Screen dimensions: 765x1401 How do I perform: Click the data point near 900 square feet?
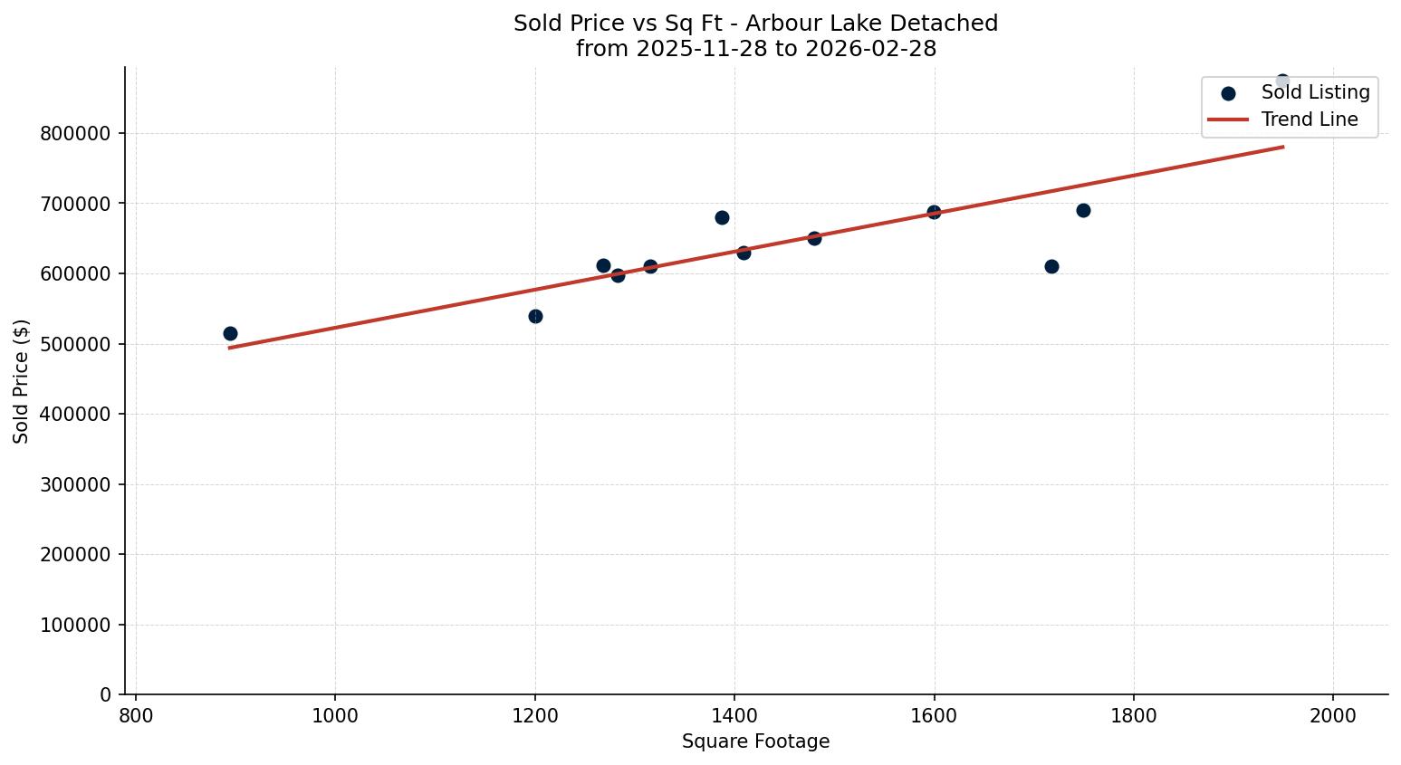coord(230,333)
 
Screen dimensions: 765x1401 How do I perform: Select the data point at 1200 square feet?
coord(535,316)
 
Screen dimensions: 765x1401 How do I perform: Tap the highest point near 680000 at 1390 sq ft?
coord(722,217)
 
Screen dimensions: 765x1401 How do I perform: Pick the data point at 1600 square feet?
coord(934,212)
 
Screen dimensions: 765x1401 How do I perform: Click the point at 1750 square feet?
coord(1083,210)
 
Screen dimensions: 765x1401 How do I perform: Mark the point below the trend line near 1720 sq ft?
coord(1051,266)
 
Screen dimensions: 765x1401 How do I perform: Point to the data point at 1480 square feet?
coord(814,238)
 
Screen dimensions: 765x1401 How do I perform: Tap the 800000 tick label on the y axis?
coord(75,134)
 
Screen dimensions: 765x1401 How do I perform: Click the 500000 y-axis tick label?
coord(75,344)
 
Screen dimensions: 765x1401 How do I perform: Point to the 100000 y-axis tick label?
coord(75,625)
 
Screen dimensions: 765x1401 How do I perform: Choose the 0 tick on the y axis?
coord(105,695)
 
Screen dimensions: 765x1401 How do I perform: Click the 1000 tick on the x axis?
coord(335,715)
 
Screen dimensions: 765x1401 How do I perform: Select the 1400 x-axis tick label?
coord(734,715)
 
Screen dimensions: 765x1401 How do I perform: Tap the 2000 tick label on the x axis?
coord(1333,715)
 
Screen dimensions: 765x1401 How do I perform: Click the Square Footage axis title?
coord(755,742)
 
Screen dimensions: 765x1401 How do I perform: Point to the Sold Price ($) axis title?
coord(22,381)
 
